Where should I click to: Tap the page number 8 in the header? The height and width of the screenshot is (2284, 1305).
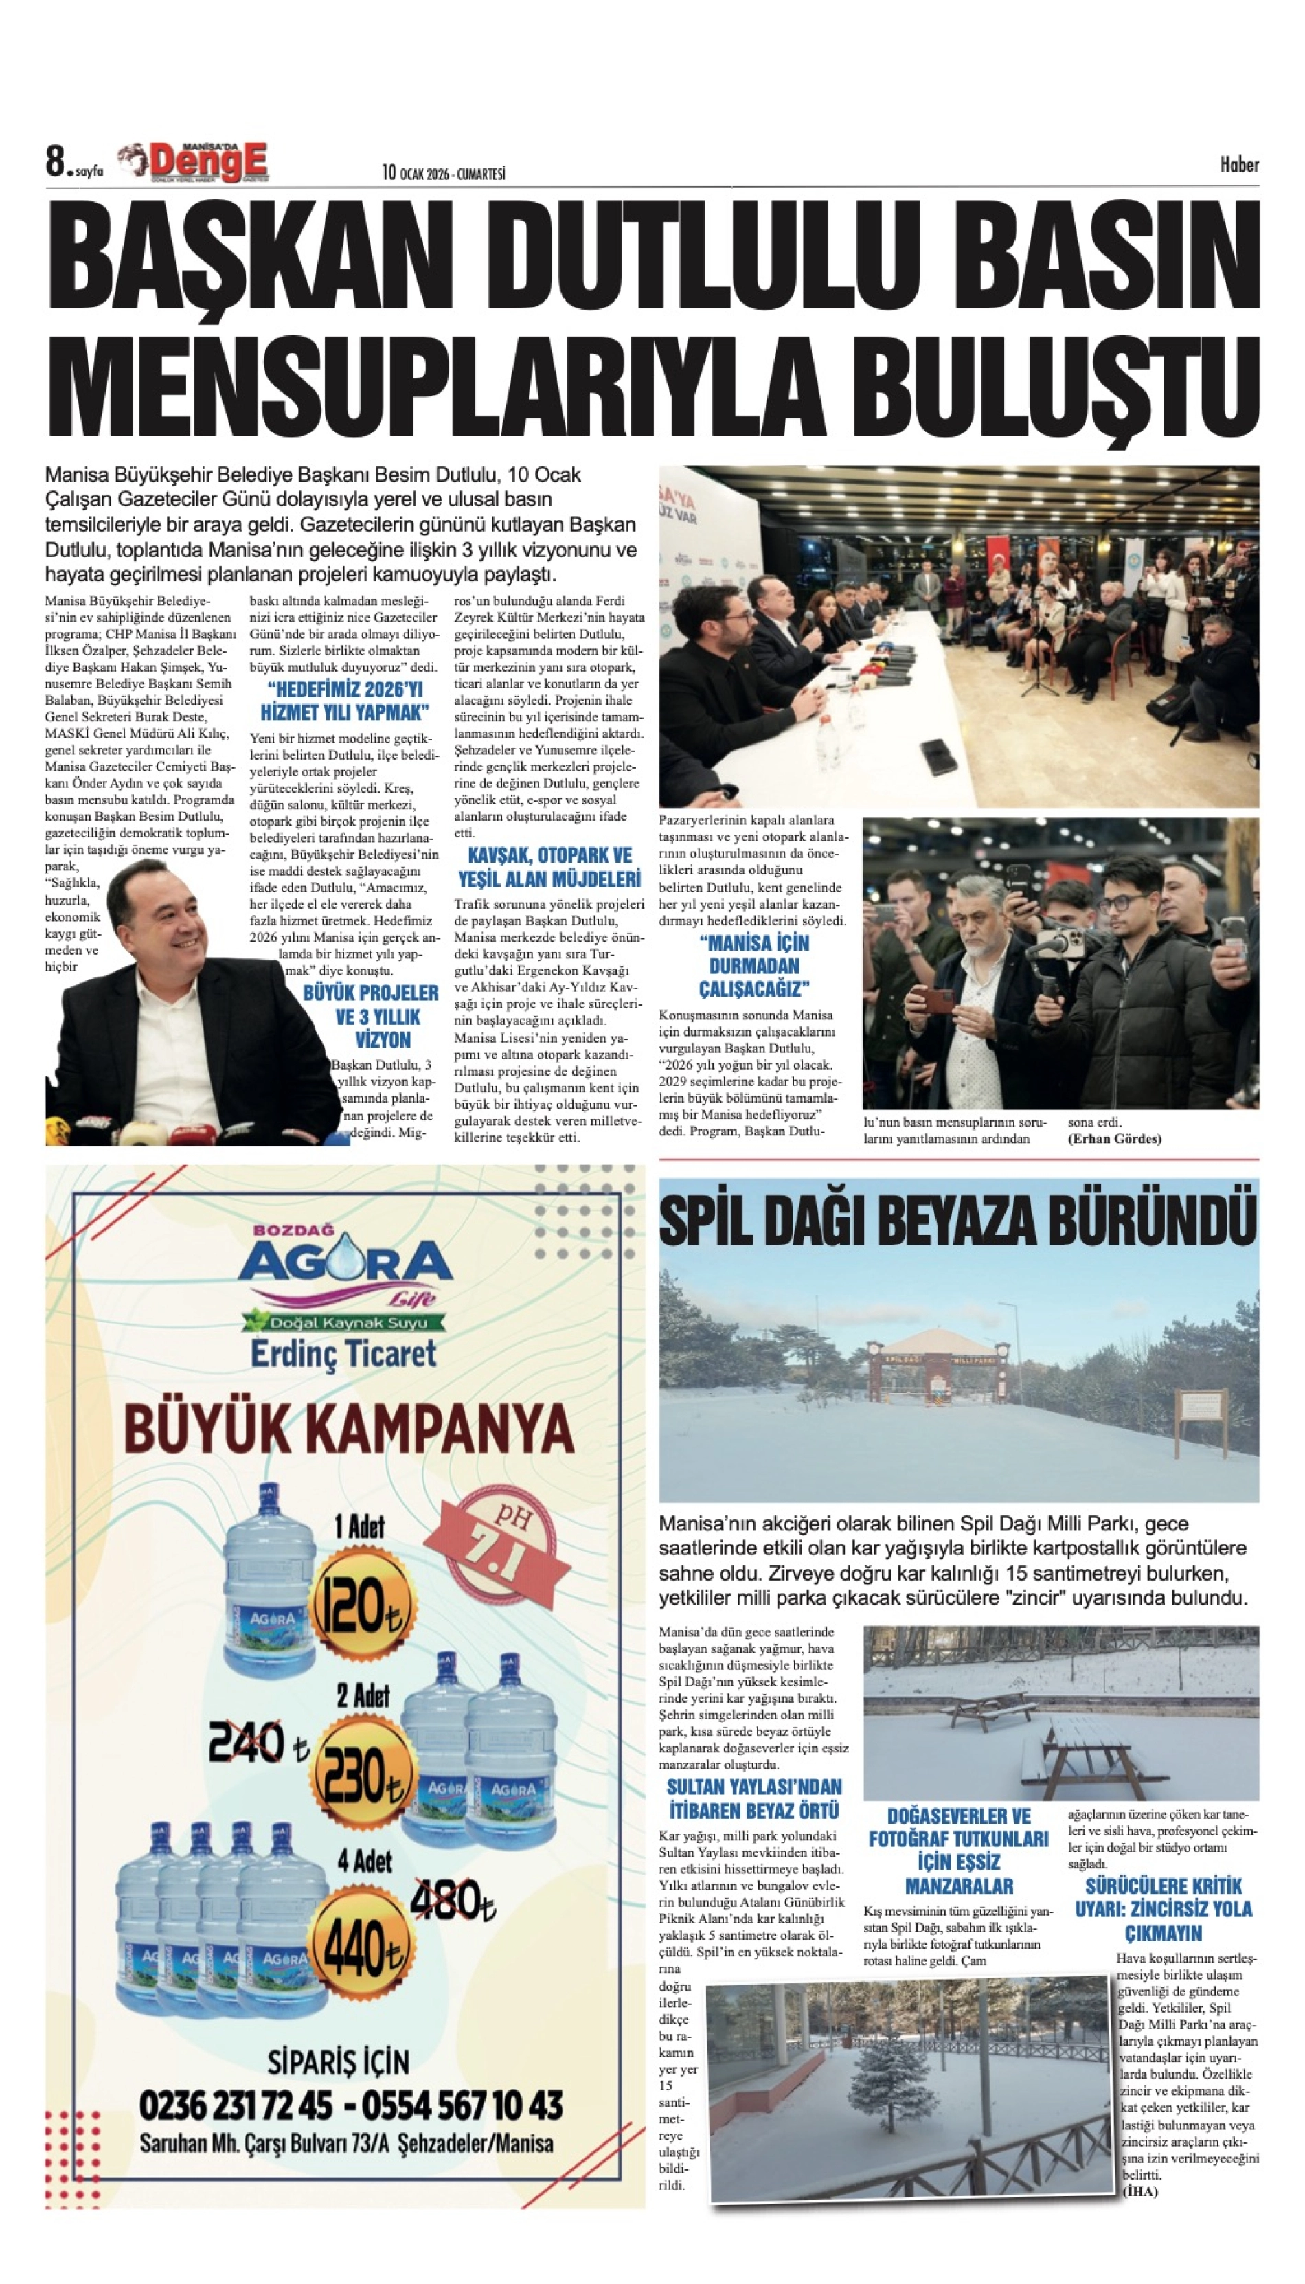(x=56, y=163)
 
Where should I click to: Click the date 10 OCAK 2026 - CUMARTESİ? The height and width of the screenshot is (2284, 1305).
(x=443, y=173)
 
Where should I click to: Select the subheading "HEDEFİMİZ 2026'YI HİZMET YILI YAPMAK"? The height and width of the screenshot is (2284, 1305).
(x=344, y=701)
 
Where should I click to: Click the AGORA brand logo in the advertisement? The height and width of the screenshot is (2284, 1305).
(x=344, y=1264)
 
